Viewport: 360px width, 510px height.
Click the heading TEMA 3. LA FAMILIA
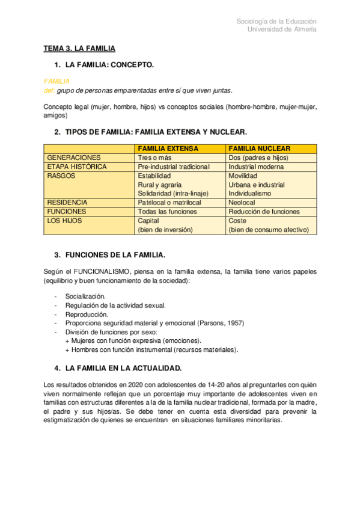tap(79, 48)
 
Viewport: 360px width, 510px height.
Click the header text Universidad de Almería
tap(282, 30)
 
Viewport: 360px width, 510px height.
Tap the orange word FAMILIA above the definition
tap(57, 81)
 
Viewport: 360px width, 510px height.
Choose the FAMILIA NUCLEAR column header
tap(260, 149)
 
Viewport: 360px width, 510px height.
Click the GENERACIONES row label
tap(74, 158)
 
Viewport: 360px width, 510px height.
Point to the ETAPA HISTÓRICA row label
tap(77, 167)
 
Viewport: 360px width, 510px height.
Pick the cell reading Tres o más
tap(156, 158)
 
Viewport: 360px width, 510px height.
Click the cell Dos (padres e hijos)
tap(258, 158)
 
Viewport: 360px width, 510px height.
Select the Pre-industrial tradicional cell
tap(174, 167)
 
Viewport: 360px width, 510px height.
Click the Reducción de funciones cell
tap(264, 212)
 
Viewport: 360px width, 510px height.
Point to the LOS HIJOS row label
tap(64, 221)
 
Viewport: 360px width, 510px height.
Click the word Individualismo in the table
tap(250, 194)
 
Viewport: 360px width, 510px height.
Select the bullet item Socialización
tap(85, 296)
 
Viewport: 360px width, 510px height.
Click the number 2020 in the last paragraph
tap(137, 384)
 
